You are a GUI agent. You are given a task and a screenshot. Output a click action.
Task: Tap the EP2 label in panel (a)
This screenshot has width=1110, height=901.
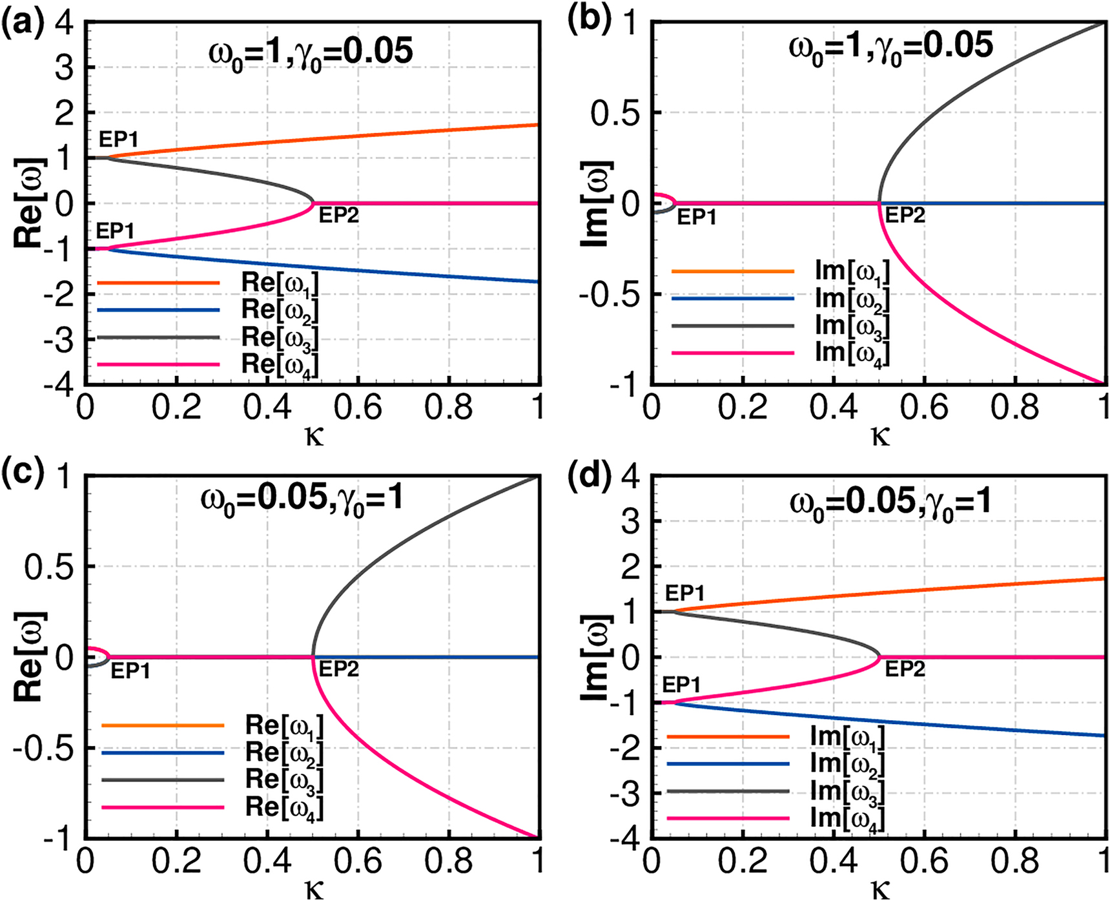point(338,216)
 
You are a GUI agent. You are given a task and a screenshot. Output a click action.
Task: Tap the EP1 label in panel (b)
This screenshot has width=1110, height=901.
point(697,218)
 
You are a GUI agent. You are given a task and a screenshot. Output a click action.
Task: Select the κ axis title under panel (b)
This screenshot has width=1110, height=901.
point(880,437)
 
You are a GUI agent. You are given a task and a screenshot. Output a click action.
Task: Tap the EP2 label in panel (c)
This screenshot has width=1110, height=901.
point(338,670)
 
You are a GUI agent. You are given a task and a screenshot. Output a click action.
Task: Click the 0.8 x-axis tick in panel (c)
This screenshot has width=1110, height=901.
point(448,861)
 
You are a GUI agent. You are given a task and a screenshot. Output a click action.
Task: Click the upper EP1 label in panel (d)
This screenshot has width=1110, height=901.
point(684,593)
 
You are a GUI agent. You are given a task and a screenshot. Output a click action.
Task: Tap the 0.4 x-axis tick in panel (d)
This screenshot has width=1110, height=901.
point(834,861)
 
